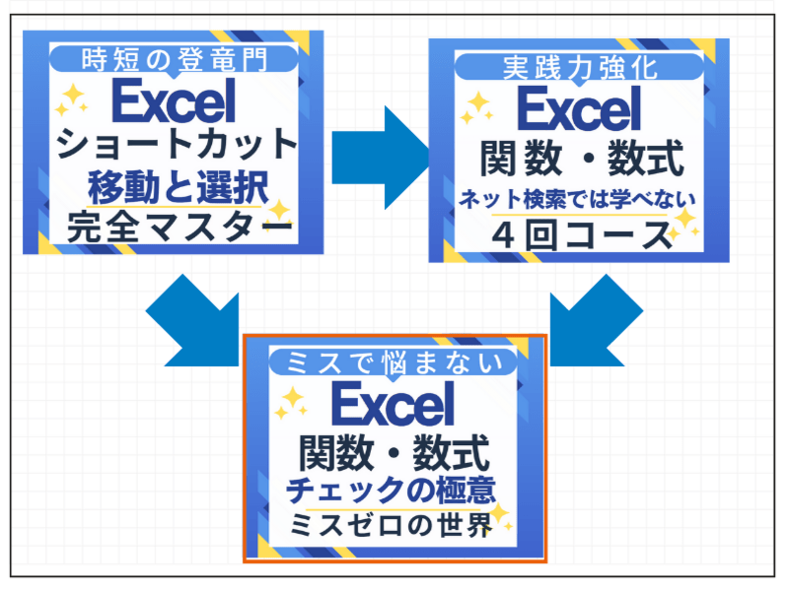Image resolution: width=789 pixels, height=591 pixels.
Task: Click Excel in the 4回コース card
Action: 579,109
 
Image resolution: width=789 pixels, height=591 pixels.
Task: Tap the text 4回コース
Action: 579,236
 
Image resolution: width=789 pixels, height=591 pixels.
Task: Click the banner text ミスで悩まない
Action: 394,362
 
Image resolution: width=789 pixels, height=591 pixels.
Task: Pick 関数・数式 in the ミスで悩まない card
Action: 394,453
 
